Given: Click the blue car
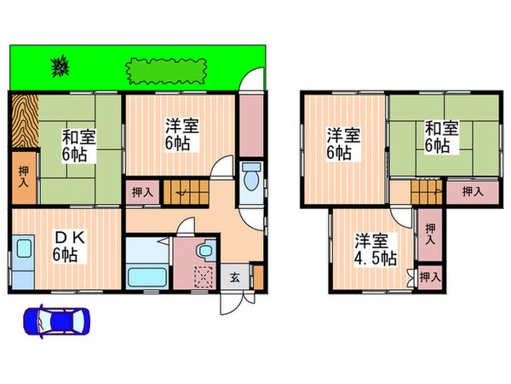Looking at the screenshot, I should point(56,322).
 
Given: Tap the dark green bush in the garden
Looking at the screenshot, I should point(60,65).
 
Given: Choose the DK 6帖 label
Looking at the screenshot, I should point(66,244).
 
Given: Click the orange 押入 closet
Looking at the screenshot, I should point(23,177).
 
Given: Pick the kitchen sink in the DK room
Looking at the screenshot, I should point(23,251).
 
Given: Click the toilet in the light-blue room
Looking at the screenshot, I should point(250,180).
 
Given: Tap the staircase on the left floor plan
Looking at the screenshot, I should point(187,192).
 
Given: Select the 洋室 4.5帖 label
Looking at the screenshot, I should point(376,248).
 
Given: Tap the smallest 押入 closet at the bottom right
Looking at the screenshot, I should point(429,277).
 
